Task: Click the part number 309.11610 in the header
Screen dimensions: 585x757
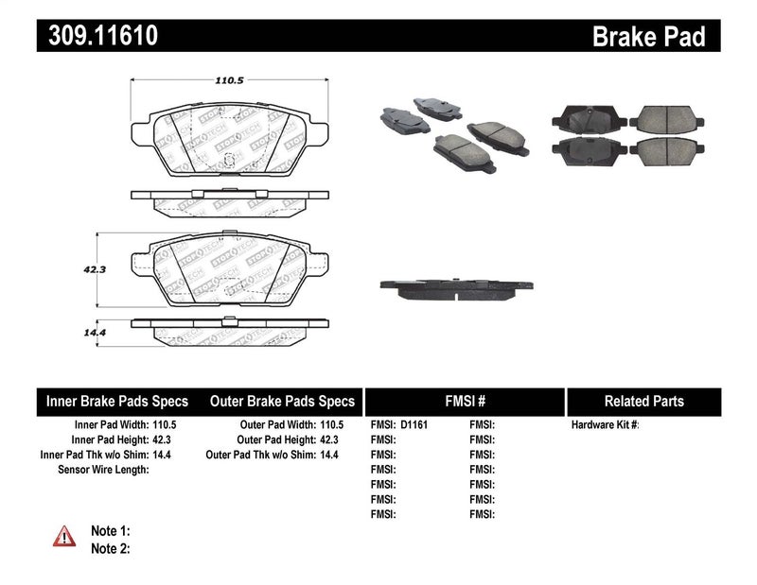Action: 97,36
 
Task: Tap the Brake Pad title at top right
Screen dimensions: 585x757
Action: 649,37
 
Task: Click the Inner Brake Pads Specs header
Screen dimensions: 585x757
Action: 117,401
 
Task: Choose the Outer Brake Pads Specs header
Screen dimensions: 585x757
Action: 281,401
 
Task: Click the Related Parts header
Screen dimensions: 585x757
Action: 643,401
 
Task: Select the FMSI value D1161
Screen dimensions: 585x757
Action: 414,425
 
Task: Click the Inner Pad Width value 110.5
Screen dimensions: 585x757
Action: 165,425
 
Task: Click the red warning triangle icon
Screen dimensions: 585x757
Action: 63,536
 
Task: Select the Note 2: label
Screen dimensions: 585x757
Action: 110,547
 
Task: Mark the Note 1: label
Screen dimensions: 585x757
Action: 110,531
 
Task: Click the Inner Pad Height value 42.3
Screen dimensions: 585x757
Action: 165,440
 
